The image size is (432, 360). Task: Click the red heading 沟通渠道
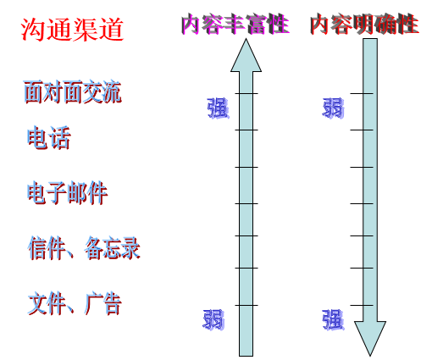(x=72, y=29)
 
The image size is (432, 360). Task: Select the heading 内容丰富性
(x=235, y=25)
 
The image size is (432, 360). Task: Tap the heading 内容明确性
(x=364, y=25)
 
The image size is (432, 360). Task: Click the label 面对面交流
(x=73, y=91)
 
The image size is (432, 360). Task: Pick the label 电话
(x=49, y=137)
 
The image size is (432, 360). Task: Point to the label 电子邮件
(x=68, y=192)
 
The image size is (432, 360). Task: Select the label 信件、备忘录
(x=84, y=248)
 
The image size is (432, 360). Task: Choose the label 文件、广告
(x=75, y=303)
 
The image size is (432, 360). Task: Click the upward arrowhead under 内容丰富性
(x=246, y=57)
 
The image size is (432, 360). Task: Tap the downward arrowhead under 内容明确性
(x=370, y=337)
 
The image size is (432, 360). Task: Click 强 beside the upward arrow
(x=218, y=108)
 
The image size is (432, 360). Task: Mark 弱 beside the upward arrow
(x=213, y=319)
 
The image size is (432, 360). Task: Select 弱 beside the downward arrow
(x=333, y=108)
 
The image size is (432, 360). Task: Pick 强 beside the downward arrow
(x=333, y=319)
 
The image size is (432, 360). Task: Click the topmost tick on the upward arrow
(x=246, y=93)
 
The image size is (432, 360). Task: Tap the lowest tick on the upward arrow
(x=246, y=305)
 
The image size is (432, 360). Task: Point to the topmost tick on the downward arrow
(x=362, y=93)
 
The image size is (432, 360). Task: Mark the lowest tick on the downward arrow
(x=362, y=305)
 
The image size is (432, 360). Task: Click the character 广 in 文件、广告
(x=93, y=303)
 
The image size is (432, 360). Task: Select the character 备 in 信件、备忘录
(x=93, y=248)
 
